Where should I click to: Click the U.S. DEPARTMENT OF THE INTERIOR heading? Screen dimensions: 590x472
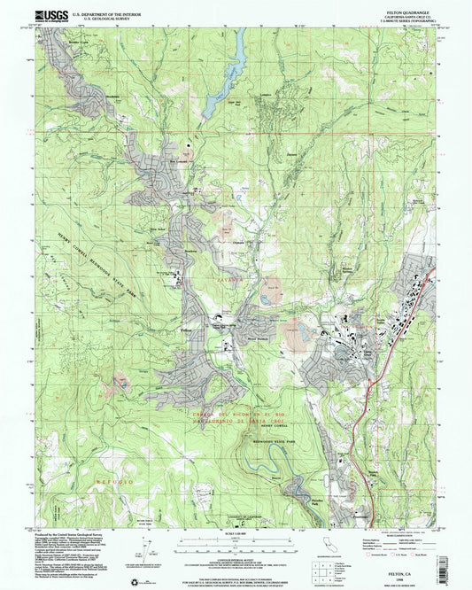(105, 12)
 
